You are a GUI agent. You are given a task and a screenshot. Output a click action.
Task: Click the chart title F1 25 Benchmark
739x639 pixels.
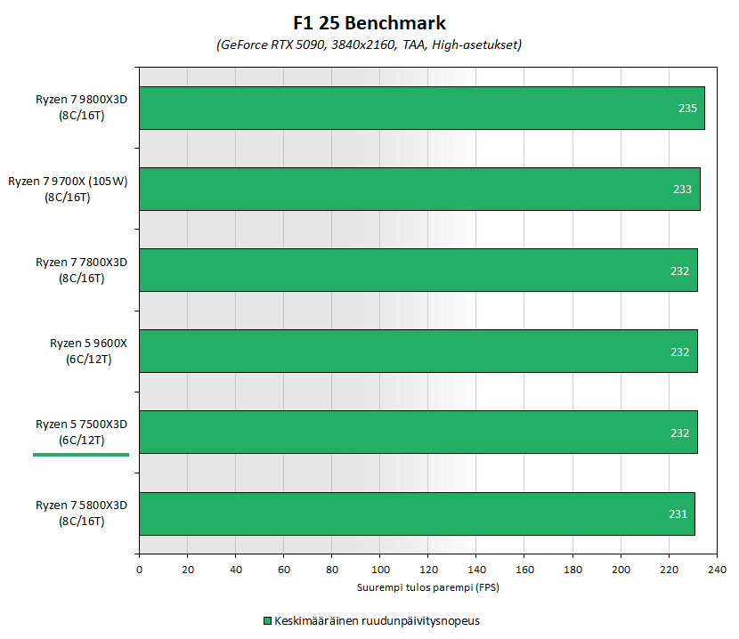(x=369, y=23)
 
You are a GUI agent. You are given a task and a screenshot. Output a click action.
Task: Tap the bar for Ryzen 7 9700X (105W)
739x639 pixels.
(x=418, y=190)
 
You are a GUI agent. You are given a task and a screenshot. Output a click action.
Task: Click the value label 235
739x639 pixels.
(x=687, y=109)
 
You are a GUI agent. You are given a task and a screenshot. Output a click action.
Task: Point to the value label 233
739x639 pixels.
(x=682, y=190)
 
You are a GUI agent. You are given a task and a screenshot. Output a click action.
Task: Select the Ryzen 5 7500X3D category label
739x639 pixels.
(x=82, y=432)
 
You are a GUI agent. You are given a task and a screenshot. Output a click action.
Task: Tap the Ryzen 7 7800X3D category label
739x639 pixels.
(x=82, y=270)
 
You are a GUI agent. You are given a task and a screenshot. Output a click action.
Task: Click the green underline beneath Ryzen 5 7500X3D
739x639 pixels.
(x=81, y=454)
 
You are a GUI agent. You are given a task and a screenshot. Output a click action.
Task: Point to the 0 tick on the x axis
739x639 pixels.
(x=139, y=569)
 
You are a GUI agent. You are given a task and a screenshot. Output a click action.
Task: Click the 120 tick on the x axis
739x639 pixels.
(x=428, y=569)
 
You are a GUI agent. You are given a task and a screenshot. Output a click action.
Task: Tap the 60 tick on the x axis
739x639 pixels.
(x=284, y=569)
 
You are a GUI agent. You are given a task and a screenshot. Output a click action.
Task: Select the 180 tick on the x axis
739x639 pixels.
(x=573, y=569)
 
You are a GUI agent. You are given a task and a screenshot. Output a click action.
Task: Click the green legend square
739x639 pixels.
(x=266, y=620)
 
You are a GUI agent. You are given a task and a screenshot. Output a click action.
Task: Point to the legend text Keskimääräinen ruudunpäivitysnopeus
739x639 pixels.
(x=378, y=620)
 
